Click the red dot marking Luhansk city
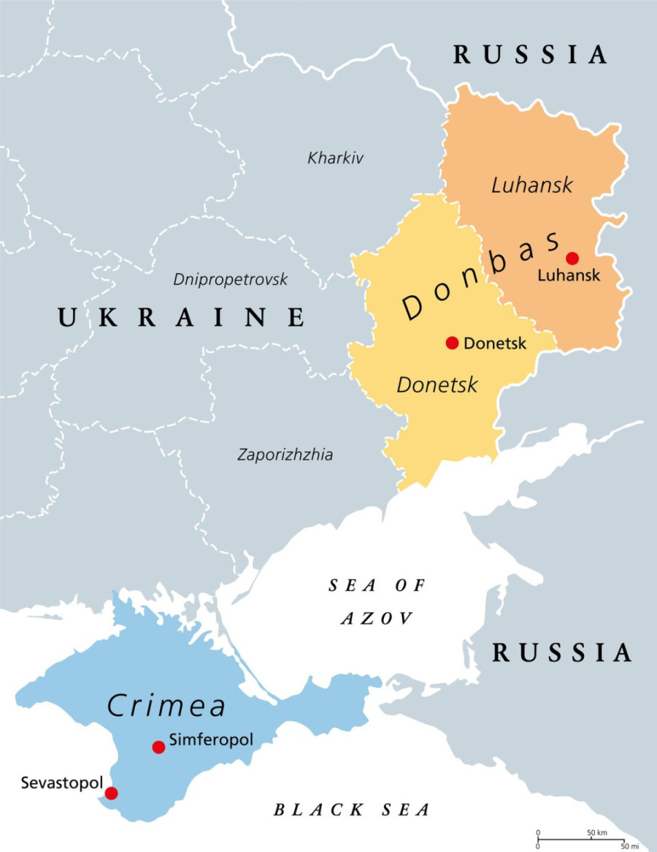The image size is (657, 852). click(572, 258)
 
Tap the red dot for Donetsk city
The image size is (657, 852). click(452, 343)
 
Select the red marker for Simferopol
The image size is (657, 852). click(158, 747)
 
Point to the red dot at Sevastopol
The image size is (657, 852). click(111, 793)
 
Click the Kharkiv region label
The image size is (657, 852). click(336, 158)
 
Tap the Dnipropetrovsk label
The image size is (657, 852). click(231, 279)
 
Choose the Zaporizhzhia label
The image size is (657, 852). click(285, 454)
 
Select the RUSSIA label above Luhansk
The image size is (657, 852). click(531, 55)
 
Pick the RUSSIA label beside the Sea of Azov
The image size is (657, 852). click(561, 653)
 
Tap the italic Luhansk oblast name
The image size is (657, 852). click(532, 185)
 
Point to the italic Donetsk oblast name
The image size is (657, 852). click(437, 384)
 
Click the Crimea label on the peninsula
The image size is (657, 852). click(166, 706)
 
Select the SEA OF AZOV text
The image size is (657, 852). click(377, 601)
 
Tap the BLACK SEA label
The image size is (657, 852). click(351, 810)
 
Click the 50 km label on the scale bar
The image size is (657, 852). click(597, 832)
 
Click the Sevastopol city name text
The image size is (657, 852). click(52, 783)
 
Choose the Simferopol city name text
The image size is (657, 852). click(211, 739)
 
